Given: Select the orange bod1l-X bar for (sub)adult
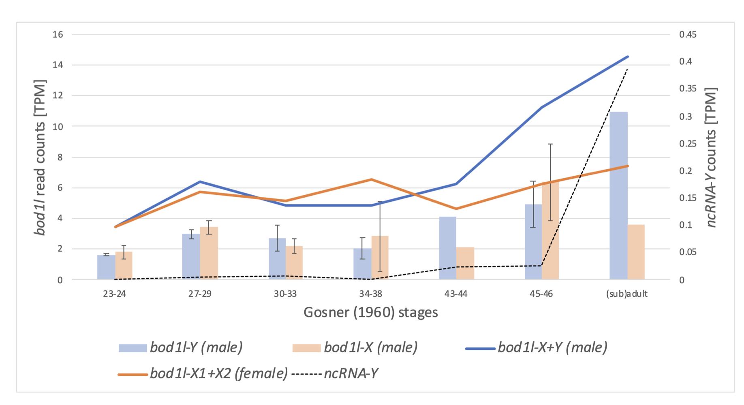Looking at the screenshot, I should click(636, 252).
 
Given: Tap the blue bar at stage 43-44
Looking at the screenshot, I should click(448, 248).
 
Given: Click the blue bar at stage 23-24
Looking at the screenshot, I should click(106, 267).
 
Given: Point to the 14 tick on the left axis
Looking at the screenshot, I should click(58, 65).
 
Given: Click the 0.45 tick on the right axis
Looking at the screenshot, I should click(688, 34).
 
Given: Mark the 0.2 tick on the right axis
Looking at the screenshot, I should click(685, 171).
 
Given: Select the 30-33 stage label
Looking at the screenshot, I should click(285, 294).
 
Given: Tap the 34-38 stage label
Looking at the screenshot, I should click(370, 294).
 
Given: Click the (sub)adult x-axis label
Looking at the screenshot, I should click(626, 294).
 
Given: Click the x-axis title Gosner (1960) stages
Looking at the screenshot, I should click(370, 312).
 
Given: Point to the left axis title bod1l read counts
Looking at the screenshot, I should click(40, 157).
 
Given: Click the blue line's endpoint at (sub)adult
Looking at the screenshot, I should click(627, 56).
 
